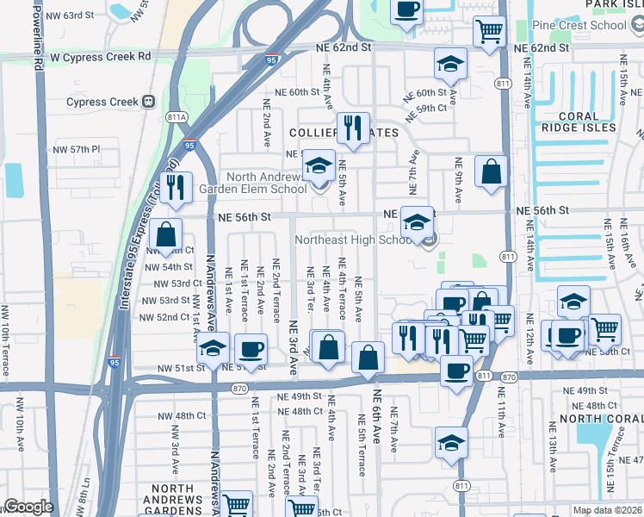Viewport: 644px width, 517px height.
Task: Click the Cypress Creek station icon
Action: click(148, 102)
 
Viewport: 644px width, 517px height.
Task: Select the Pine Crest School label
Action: click(579, 25)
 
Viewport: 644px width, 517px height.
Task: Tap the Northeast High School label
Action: click(359, 240)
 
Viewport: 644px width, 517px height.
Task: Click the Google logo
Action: click(28, 507)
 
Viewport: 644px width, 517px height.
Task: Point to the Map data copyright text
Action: click(607, 510)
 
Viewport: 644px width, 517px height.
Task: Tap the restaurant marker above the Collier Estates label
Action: click(353, 128)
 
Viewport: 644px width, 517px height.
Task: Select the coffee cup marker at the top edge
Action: click(406, 10)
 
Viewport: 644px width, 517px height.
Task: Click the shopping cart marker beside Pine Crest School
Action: click(489, 31)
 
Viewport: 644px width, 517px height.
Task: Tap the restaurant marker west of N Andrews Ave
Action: click(176, 187)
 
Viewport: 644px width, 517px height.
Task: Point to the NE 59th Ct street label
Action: click(431, 108)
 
